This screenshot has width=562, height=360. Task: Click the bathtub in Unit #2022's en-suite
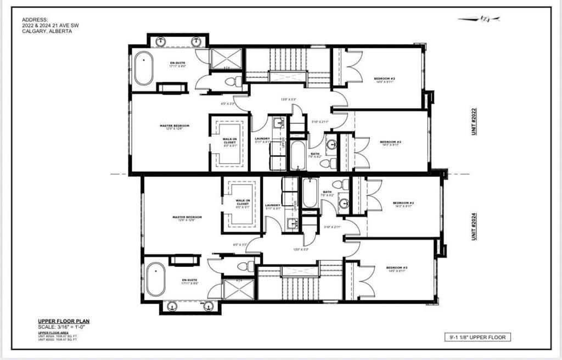coord(144,69)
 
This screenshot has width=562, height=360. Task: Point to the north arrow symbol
coord(479,19)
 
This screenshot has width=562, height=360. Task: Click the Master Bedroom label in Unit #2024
coord(187,217)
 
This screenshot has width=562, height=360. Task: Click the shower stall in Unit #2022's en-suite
coord(226,58)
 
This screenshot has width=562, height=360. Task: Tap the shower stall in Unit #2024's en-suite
coord(239,289)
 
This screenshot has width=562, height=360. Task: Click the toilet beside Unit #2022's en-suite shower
coord(232,82)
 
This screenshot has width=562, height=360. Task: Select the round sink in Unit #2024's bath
coord(344,204)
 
